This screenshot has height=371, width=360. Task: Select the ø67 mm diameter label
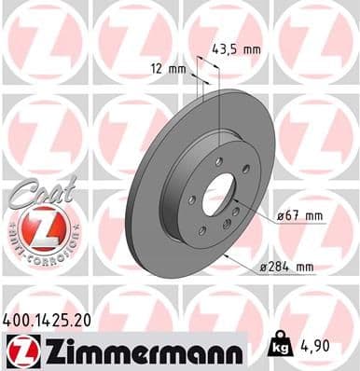click(x=300, y=216)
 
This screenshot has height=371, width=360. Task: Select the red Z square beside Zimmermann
click(x=17, y=351)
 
